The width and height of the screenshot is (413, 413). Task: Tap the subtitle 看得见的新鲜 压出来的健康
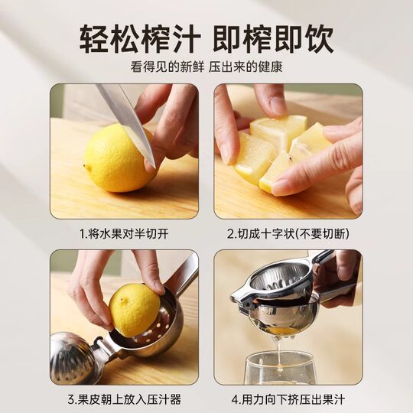[x=206, y=67]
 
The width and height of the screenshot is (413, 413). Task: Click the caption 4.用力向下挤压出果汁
[x=288, y=398]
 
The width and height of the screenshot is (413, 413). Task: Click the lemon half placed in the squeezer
[x=133, y=309]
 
